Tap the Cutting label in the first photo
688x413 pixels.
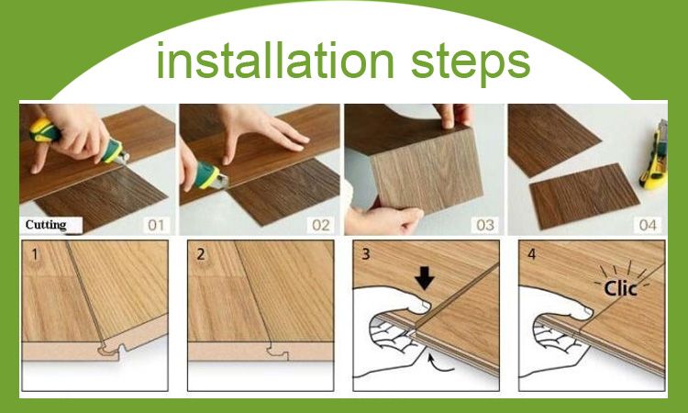click(45, 224)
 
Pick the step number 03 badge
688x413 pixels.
click(483, 224)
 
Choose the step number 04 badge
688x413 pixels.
click(647, 224)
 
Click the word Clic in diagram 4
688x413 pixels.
click(620, 288)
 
